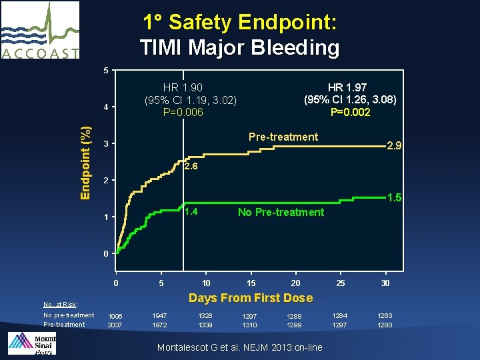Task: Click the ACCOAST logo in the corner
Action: click(x=40, y=30)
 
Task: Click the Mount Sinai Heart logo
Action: click(x=31, y=343)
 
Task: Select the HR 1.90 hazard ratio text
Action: click(x=183, y=87)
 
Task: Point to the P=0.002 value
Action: click(x=350, y=112)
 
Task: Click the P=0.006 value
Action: click(x=183, y=112)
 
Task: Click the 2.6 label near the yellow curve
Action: click(x=191, y=167)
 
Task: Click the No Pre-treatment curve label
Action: click(x=281, y=213)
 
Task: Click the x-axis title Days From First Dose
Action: click(x=250, y=297)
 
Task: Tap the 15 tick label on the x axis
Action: click(x=251, y=283)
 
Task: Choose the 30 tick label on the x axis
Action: click(x=385, y=283)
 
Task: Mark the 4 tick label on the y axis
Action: click(x=105, y=108)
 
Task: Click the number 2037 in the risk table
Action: click(x=115, y=325)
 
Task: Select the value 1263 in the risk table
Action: click(x=385, y=315)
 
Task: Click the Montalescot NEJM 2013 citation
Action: click(x=239, y=347)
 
